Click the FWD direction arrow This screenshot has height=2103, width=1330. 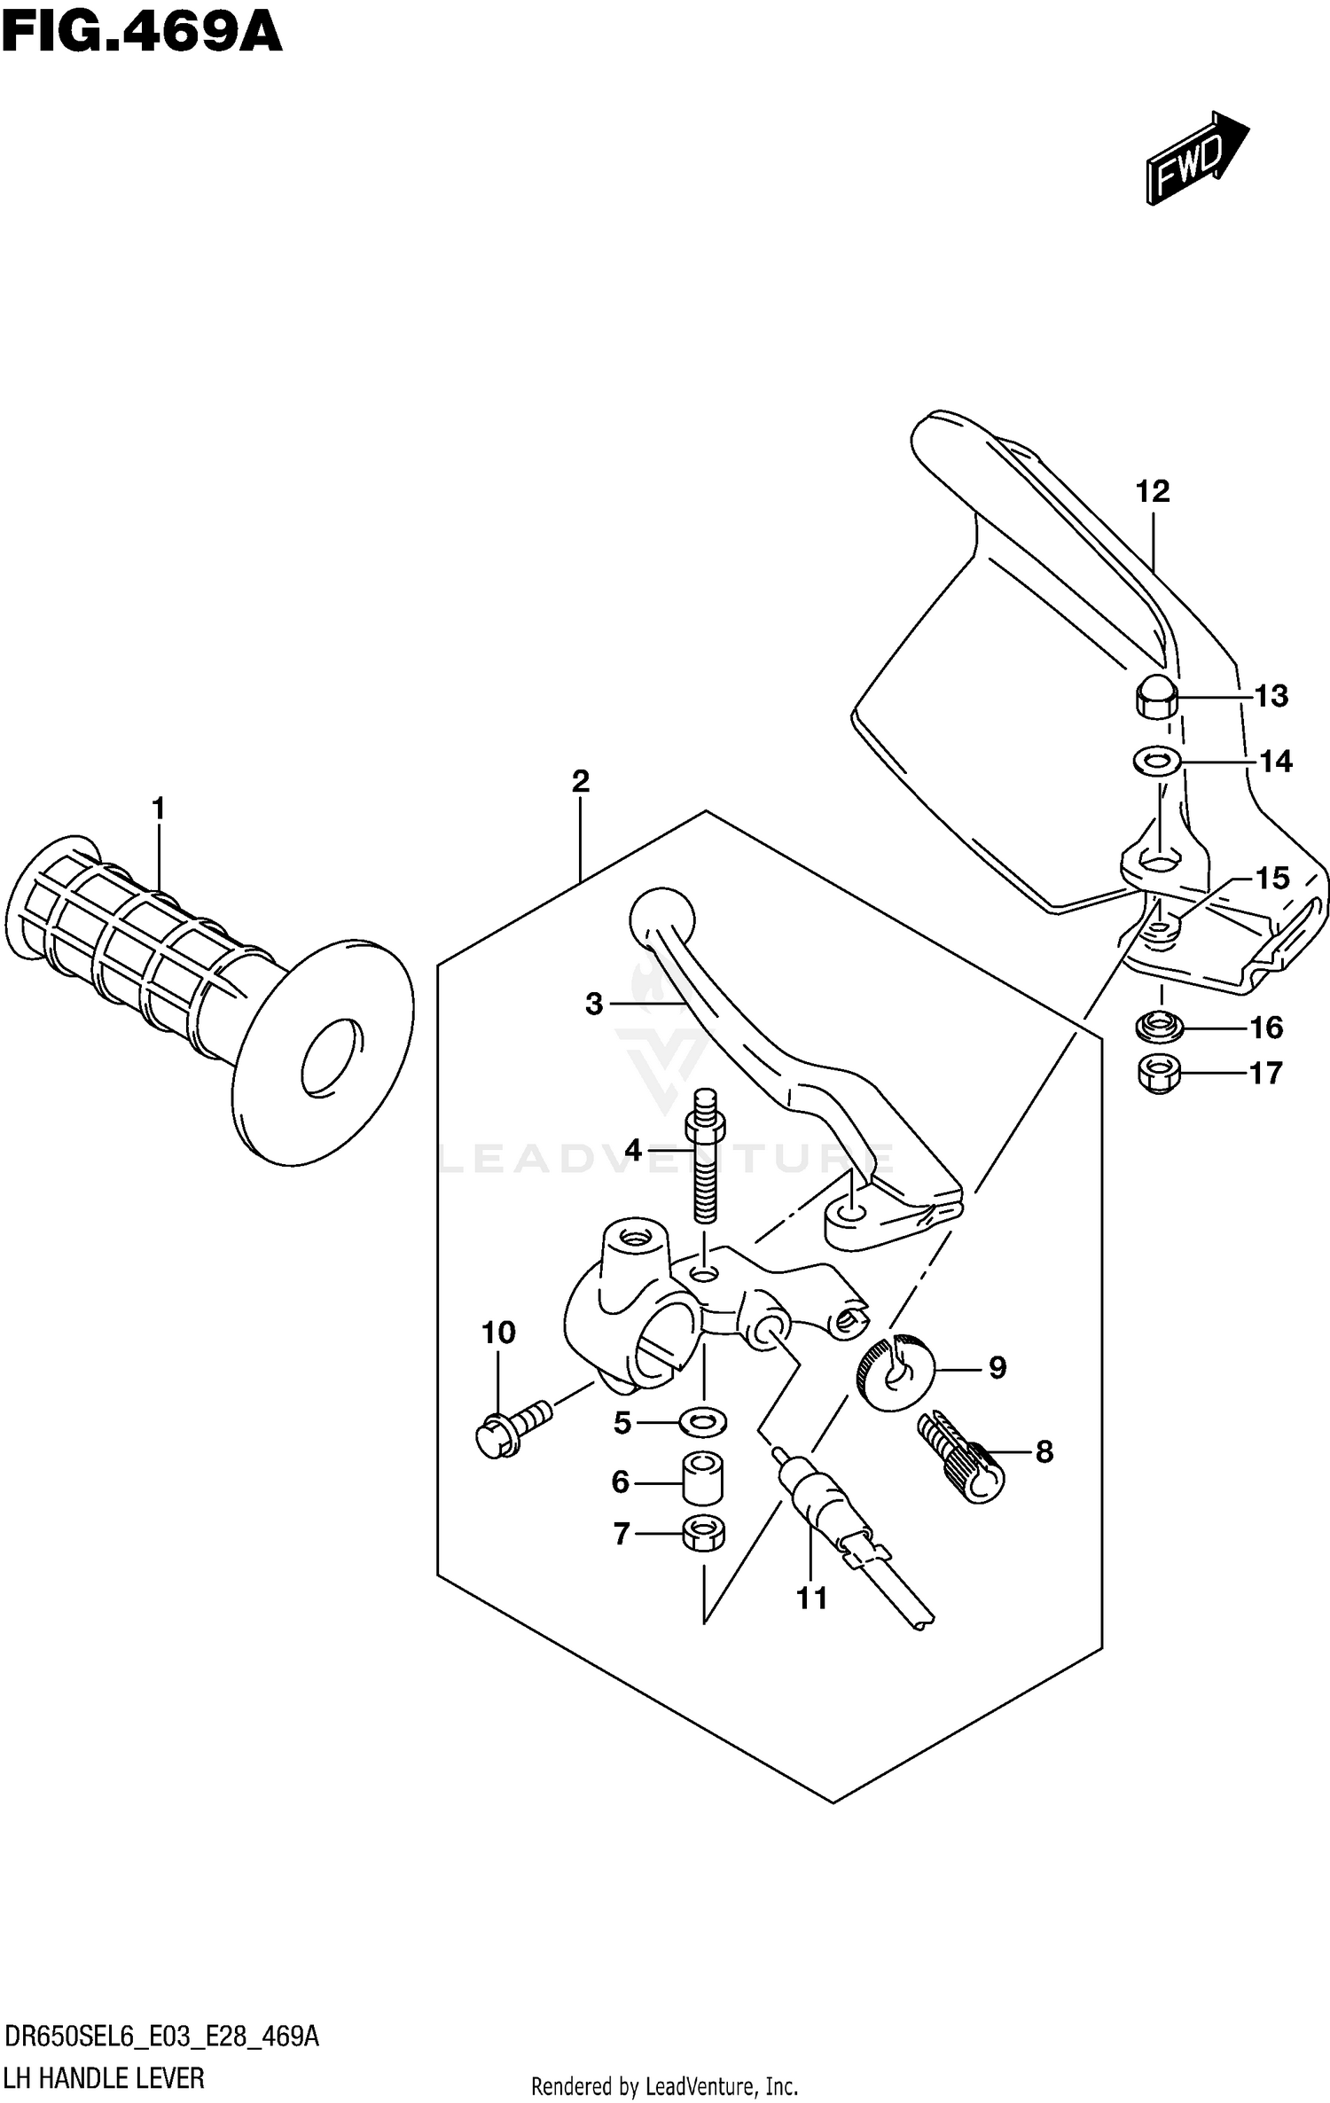[1195, 158]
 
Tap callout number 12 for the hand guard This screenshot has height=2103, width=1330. [1153, 491]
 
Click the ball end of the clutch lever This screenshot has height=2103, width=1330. [661, 919]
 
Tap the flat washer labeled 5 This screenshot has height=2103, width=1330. [703, 1423]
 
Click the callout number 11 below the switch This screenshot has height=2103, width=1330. [811, 1599]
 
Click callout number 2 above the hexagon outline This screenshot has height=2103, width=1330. [581, 781]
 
